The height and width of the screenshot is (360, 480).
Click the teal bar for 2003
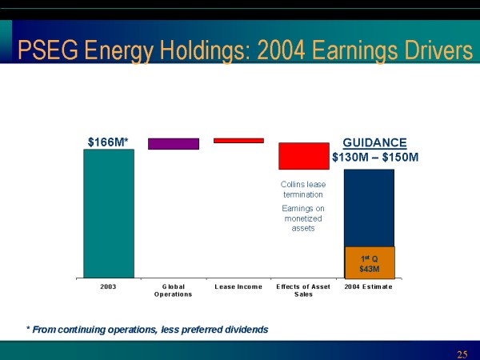pos(109,213)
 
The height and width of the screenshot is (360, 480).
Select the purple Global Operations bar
pos(174,144)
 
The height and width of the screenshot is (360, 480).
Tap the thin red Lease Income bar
pos(238,141)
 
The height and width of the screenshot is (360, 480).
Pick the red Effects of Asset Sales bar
pos(303,156)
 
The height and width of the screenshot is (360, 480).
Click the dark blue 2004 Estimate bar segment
pos(369,208)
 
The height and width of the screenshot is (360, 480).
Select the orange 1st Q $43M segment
pos(369,262)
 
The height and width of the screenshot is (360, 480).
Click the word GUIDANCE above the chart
pos(380,142)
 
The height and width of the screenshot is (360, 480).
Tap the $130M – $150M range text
pos(375,158)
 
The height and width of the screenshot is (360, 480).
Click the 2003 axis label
pos(109,286)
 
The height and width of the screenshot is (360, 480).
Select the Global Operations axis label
pos(174,290)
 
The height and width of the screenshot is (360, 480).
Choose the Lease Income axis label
pos(238,286)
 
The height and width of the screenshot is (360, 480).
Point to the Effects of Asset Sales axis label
pos(303,290)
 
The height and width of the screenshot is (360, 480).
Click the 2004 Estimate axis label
pos(369,286)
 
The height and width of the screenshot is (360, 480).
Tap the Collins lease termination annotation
pos(303,189)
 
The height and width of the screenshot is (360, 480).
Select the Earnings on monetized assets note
pos(303,218)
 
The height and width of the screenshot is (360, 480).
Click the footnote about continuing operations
pos(147,329)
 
